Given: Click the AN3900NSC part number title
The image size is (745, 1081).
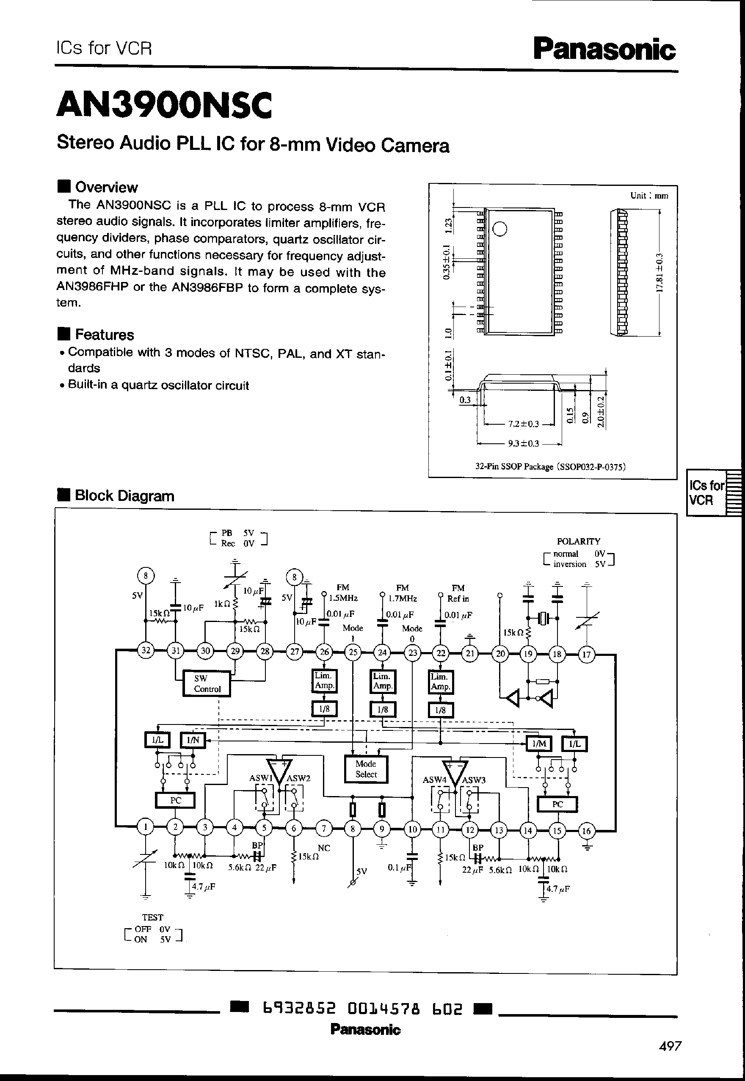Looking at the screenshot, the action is click(x=164, y=105).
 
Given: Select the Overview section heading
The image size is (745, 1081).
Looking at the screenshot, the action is click(x=106, y=187).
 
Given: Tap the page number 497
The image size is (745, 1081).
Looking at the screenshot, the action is click(x=670, y=1046).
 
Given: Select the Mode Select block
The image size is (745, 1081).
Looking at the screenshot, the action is click(x=366, y=769).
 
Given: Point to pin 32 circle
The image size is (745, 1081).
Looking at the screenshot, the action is click(x=146, y=651).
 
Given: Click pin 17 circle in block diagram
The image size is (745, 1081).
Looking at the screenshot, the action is click(x=586, y=654).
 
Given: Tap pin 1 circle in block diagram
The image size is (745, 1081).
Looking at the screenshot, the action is click(x=145, y=827).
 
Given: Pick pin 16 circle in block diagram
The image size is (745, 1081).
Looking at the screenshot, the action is click(x=586, y=831).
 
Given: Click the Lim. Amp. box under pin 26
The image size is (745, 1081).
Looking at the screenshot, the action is click(x=324, y=681).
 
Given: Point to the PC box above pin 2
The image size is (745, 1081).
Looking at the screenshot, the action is click(x=175, y=800).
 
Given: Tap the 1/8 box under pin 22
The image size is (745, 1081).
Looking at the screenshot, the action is click(x=440, y=710).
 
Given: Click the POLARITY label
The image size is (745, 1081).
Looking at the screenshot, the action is click(x=578, y=541).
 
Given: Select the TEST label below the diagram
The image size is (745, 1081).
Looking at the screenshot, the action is click(x=153, y=917).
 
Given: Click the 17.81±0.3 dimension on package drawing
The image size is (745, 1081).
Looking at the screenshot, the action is click(x=659, y=273).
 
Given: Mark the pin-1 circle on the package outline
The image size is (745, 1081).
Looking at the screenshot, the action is click(x=500, y=229).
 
